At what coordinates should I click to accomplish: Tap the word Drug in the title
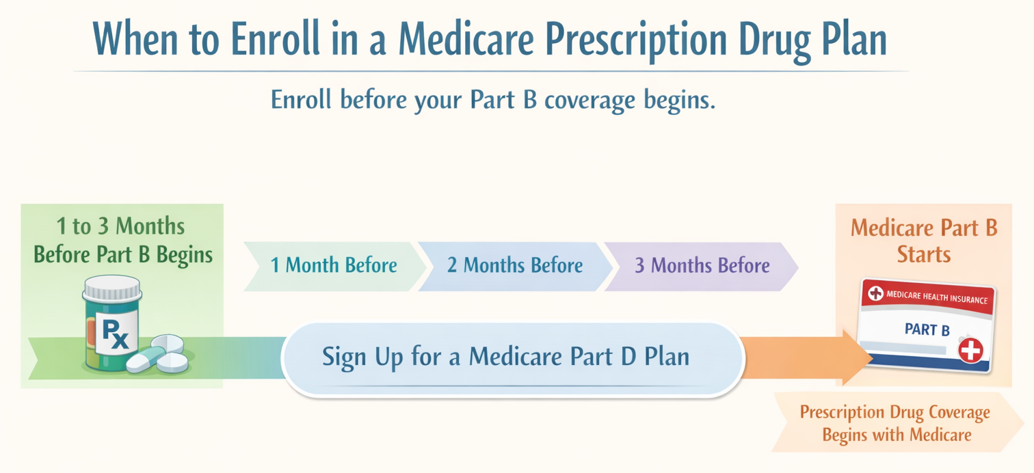[x=773, y=39]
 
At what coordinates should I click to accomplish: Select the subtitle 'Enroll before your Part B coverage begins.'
[x=493, y=100]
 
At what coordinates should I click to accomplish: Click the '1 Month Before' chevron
[x=334, y=265]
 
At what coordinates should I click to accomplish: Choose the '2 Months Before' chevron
[x=515, y=265]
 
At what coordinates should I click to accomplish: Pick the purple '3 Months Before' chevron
[x=702, y=265]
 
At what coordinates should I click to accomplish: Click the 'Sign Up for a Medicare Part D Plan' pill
[x=506, y=357]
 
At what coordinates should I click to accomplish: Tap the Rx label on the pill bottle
[x=115, y=334]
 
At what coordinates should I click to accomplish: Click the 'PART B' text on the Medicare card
[x=927, y=330]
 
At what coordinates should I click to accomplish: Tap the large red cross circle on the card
[x=970, y=351]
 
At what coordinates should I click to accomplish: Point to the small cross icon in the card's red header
[x=875, y=293]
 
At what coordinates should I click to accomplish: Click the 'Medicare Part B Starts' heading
[x=924, y=241]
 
